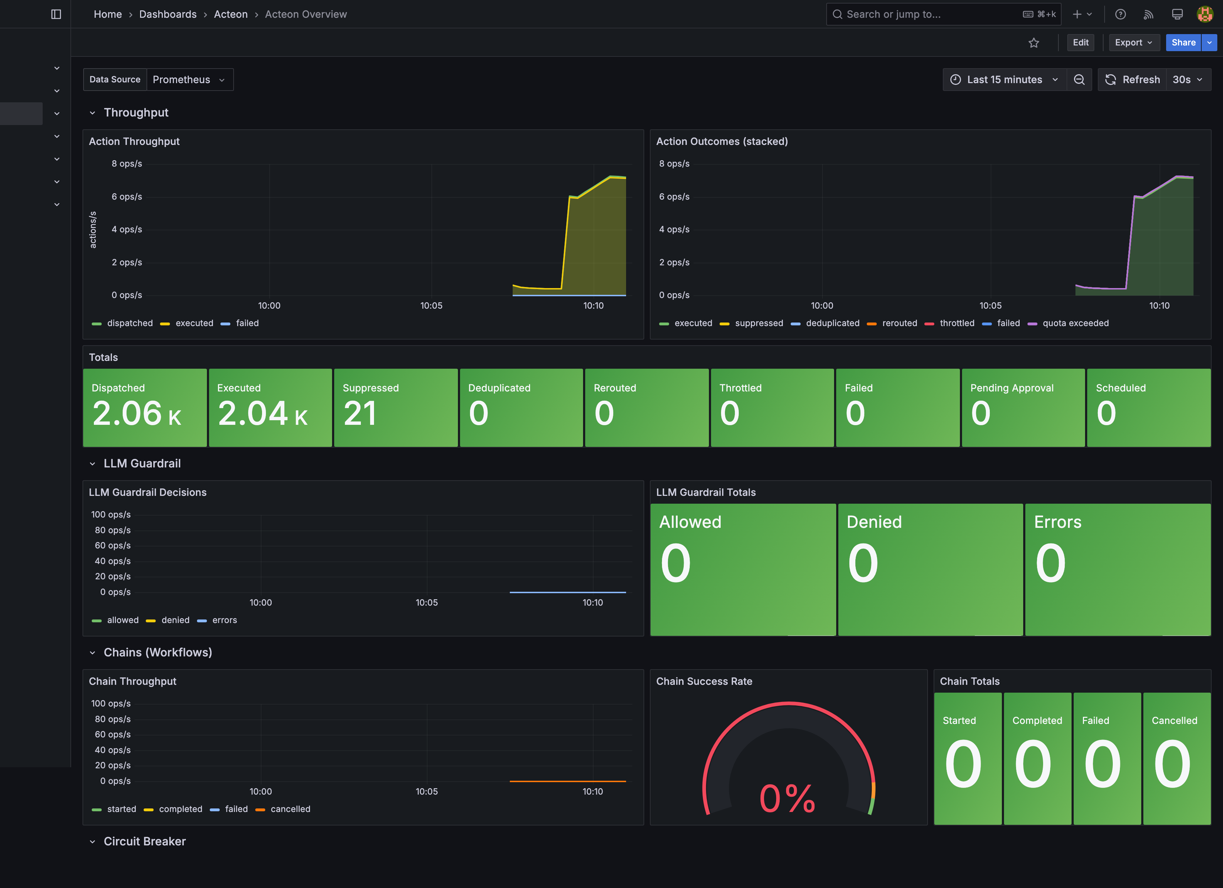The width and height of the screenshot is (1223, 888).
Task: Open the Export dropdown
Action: (x=1133, y=43)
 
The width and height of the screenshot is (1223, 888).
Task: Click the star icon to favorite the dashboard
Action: (x=1033, y=43)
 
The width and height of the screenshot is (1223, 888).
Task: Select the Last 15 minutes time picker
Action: (x=1004, y=80)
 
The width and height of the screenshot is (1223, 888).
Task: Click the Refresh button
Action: (x=1132, y=80)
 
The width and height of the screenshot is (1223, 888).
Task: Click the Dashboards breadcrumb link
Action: (x=168, y=15)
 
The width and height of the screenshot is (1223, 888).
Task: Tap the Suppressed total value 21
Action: (x=360, y=413)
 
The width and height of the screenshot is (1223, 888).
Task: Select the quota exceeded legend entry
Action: (x=1075, y=323)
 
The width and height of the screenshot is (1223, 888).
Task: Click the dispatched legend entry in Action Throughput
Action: (x=129, y=323)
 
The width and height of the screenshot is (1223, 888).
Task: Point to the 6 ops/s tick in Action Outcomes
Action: (x=674, y=197)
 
